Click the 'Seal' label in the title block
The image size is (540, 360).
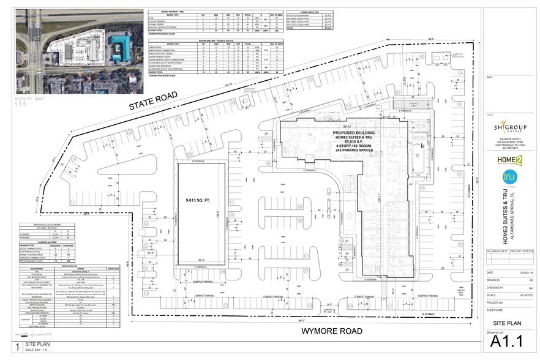point(489,77)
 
